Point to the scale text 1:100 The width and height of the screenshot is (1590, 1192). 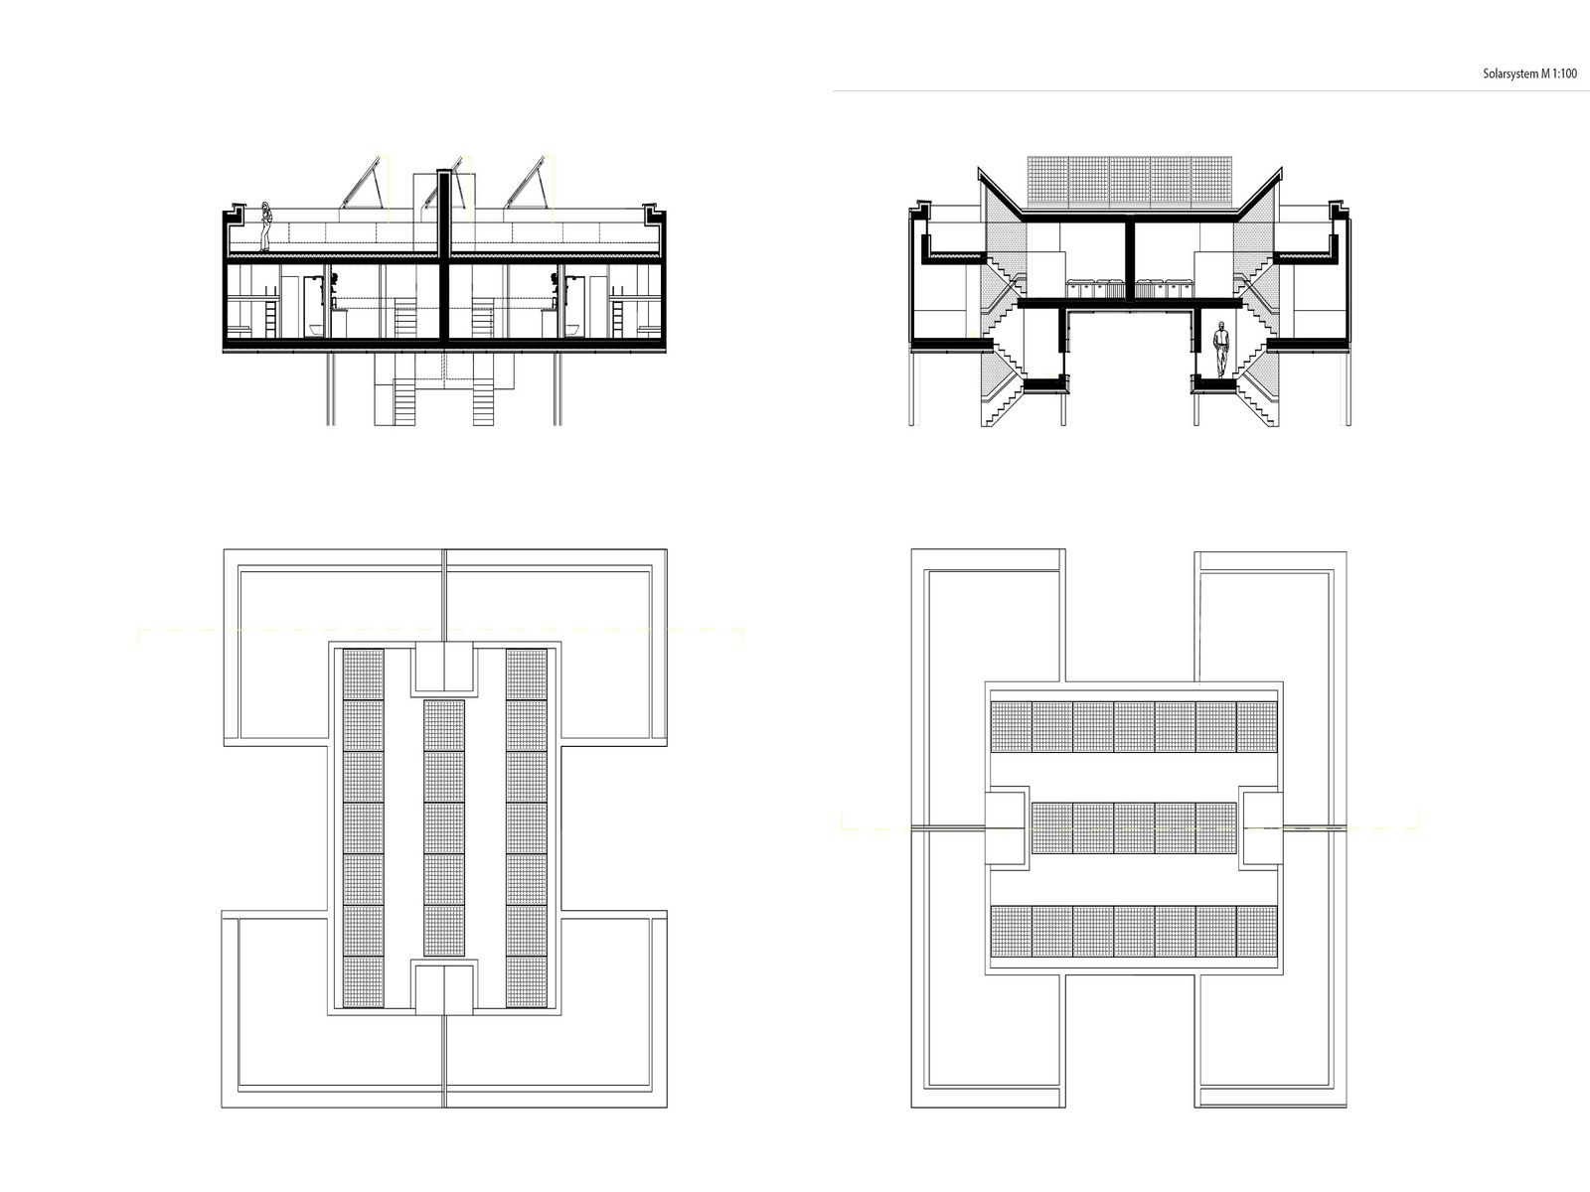[x=1564, y=74]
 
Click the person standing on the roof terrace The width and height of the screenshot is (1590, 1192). [x=266, y=226]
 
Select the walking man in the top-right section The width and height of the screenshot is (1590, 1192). [x=1221, y=350]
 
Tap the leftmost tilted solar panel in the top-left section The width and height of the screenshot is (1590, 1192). [x=361, y=183]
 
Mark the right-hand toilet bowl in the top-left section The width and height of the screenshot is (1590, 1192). [x=572, y=330]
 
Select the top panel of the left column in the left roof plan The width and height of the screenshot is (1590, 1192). [x=363, y=673]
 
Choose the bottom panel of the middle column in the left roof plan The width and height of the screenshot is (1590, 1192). [x=443, y=931]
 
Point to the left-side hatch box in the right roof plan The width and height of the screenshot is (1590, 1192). [x=1006, y=828]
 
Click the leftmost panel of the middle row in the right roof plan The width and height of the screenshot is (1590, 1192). [x=1051, y=828]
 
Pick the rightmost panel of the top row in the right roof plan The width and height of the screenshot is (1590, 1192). [x=1256, y=726]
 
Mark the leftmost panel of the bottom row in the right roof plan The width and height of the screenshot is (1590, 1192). [x=1011, y=931]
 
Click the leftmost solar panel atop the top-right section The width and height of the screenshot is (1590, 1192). [x=1047, y=181]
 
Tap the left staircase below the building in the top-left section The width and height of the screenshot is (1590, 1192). [x=404, y=401]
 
